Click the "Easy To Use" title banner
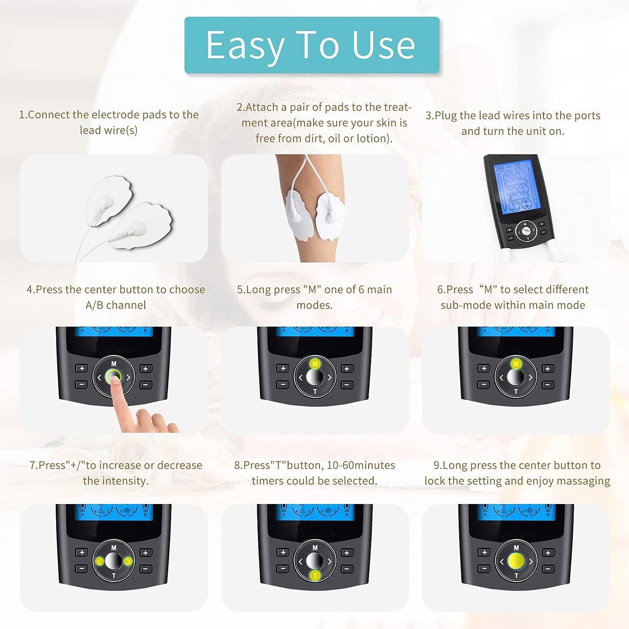tap(312, 45)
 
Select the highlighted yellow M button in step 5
tap(315, 364)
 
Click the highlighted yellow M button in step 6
tap(516, 364)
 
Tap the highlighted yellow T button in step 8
tap(315, 575)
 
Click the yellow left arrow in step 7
tap(99, 562)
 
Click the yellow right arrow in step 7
tap(128, 562)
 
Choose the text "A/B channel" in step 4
tap(116, 305)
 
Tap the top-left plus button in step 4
tap(81, 369)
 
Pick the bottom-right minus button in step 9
tap(548, 568)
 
